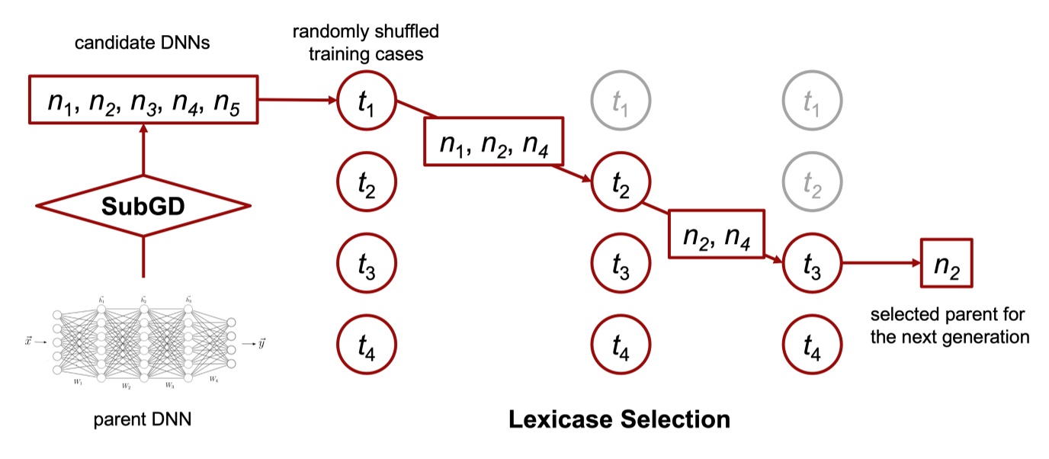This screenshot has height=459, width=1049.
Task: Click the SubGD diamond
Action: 144,206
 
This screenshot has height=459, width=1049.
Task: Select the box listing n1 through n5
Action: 144,99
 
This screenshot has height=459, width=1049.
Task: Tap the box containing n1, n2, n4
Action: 493,141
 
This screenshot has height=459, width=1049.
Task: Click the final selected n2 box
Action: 946,264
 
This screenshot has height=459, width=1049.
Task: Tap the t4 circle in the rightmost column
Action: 812,348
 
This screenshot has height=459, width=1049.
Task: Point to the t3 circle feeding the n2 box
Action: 812,264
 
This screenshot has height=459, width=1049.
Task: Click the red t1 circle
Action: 367,99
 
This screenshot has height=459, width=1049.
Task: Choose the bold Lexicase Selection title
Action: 619,419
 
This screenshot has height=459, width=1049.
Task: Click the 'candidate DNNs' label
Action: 143,43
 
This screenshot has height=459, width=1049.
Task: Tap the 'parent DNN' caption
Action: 143,419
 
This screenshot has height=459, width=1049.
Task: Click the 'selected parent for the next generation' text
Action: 949,326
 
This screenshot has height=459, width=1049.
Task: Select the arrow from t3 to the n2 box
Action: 880,264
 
